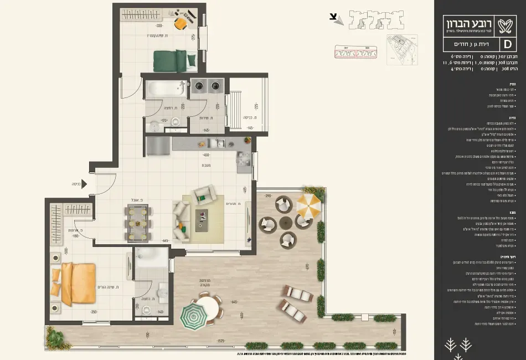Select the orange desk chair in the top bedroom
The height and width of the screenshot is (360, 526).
point(181,23)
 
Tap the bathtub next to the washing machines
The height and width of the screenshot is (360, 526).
point(165,88)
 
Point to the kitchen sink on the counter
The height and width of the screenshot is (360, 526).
point(220,144)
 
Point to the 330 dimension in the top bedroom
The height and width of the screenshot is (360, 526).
point(159,26)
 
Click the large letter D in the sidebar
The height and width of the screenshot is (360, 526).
point(507,44)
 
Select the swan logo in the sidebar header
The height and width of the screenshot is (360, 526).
point(506,24)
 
